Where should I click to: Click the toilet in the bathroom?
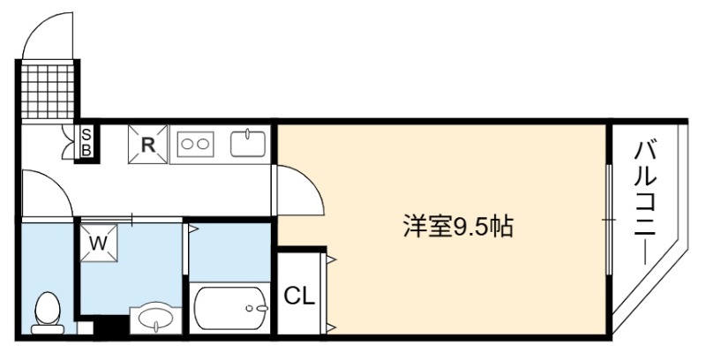pyautogui.click(x=48, y=312)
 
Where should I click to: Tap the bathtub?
pyautogui.click(x=230, y=308)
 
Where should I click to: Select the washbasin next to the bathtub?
pyautogui.click(x=156, y=320)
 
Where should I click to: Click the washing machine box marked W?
pyautogui.click(x=99, y=244)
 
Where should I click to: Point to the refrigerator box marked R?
pyautogui.click(x=147, y=145)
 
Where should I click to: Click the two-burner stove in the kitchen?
pyautogui.click(x=195, y=144)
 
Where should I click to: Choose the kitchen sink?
pyautogui.click(x=248, y=144)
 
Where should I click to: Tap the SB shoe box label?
pyautogui.click(x=86, y=142)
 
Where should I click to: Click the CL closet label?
pyautogui.click(x=299, y=296)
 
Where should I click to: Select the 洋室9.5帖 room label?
pyautogui.click(x=458, y=227)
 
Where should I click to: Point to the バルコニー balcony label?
pyautogui.click(x=645, y=204)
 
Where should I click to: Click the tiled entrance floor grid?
pyautogui.click(x=48, y=92)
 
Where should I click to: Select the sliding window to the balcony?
pyautogui.click(x=609, y=220)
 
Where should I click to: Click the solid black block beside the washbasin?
pyautogui.click(x=110, y=325)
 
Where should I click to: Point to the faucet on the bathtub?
pyautogui.click(x=258, y=308)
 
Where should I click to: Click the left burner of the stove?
pyautogui.click(x=187, y=144)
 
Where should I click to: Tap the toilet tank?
pyautogui.click(x=48, y=330)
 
